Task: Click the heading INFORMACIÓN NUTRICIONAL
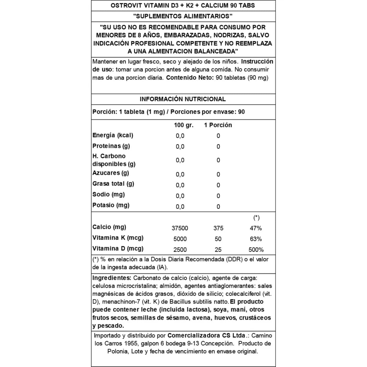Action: coord(183,99)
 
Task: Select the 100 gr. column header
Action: coord(183,125)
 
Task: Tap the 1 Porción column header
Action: coord(218,125)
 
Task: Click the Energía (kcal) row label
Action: coord(113,135)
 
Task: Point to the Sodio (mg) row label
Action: coord(109,195)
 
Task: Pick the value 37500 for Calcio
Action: coord(180,228)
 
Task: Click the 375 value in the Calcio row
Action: coord(218,228)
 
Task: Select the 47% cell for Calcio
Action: coord(256,228)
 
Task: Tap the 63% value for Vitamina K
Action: coord(256,239)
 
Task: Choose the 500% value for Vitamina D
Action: coord(256,250)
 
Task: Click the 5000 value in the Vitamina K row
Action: coord(180,239)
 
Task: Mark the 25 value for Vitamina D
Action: coord(218,250)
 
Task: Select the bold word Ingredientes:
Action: coord(112,278)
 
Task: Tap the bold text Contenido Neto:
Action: coord(190,78)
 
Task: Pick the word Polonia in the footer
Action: coord(118,351)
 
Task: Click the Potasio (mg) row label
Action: coord(111,205)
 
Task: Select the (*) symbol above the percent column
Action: coord(256,218)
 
